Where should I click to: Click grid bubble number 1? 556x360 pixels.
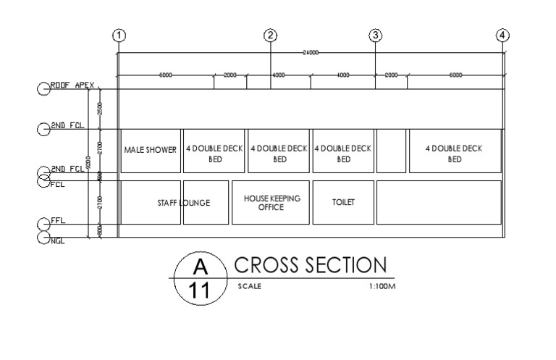click(119, 34)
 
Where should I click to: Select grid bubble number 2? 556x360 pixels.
click(271, 34)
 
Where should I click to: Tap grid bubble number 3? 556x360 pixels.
click(375, 34)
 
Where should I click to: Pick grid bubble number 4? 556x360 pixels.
click(503, 34)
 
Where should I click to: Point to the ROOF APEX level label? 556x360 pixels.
click(72, 85)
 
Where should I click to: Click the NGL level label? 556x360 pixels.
click(57, 240)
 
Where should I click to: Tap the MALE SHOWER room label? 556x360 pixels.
click(151, 151)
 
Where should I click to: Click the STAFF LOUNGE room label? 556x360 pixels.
click(184, 204)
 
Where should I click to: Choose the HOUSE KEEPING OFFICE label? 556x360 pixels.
click(271, 203)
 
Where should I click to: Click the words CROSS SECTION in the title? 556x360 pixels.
click(311, 265)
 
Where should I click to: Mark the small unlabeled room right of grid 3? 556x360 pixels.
click(392, 151)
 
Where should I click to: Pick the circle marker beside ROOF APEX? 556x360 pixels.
click(43, 88)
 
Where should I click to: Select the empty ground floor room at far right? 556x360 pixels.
click(439, 203)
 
